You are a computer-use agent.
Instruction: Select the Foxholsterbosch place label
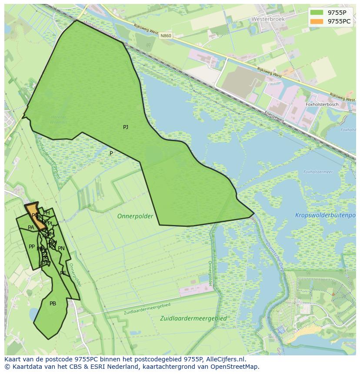pos(322,105)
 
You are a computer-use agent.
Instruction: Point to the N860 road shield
pos(165,36)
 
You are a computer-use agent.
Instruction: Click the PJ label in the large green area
pos(126,127)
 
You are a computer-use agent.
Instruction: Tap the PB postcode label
pos(53,304)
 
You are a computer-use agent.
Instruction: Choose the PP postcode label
pos(32,247)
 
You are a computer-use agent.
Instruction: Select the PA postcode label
pos(31,228)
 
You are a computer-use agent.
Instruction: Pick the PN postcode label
pos(61,248)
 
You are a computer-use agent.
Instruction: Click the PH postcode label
pos(47,213)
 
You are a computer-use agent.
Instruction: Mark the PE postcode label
pos(63,273)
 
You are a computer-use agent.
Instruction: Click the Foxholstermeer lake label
pos(318,172)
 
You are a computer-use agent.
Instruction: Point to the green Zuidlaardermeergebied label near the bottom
pos(193,318)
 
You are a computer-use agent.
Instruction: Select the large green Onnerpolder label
pos(135,216)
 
